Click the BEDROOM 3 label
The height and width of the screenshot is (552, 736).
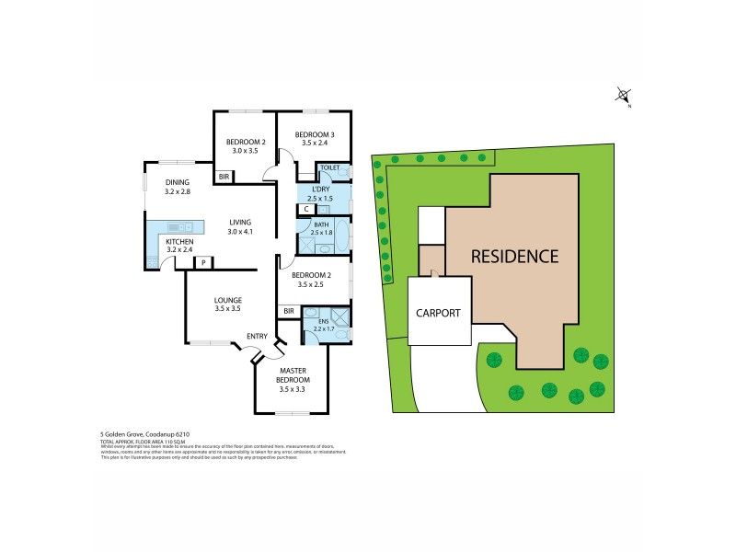click(315, 135)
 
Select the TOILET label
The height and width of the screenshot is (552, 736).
click(330, 168)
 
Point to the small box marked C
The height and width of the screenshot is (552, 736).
click(305, 209)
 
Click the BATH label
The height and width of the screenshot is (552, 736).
click(320, 224)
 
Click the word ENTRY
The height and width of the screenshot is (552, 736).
click(257, 336)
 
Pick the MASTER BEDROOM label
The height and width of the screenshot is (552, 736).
click(294, 375)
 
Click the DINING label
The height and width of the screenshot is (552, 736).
click(178, 182)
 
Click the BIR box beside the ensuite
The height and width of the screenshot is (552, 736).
click(289, 311)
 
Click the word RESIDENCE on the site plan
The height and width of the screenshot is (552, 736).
click(515, 257)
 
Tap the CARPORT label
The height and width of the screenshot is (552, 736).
click(437, 313)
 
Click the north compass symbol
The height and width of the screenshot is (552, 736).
click(624, 95)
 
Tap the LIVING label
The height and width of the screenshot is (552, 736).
click(239, 222)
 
